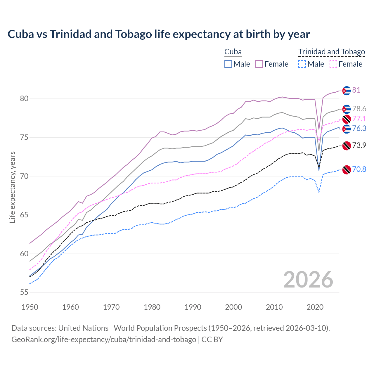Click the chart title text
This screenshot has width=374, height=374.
pyautogui.click(x=159, y=34)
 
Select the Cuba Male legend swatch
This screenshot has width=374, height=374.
pyautogui.click(x=228, y=64)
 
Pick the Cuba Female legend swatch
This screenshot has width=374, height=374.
pyautogui.click(x=259, y=64)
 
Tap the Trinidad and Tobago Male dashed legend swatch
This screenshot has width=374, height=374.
pyautogui.click(x=302, y=64)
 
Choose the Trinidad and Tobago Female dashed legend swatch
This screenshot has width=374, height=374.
pyautogui.click(x=333, y=64)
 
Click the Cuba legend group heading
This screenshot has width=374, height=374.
pyautogui.click(x=233, y=52)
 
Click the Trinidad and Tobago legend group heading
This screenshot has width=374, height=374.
pyautogui.click(x=332, y=52)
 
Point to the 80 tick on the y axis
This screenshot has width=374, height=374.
pyautogui.click(x=24, y=99)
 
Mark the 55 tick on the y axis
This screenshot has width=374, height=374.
pyautogui.click(x=24, y=292)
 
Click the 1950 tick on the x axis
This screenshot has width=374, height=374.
pyautogui.click(x=30, y=307)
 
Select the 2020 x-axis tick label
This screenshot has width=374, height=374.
pyautogui.click(x=315, y=307)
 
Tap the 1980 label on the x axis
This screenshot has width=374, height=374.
pyautogui.click(x=152, y=307)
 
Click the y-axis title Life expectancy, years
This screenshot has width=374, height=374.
pyautogui.click(x=12, y=187)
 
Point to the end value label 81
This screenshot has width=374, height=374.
pyautogui.click(x=356, y=90)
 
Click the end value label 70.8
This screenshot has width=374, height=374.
pyautogui.click(x=359, y=169)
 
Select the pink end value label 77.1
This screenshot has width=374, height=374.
pyautogui.click(x=359, y=119)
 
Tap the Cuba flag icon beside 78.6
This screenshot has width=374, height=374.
pyautogui.click(x=347, y=109)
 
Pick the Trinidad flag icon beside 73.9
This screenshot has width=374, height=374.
pyautogui.click(x=347, y=146)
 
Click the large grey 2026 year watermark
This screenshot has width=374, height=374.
pyautogui.click(x=308, y=280)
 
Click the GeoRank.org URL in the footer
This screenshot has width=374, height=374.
pyautogui.click(x=104, y=340)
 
